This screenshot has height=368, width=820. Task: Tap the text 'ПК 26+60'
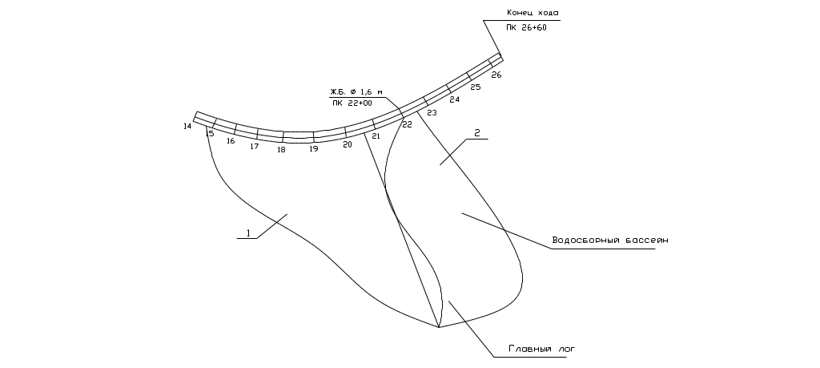click(526, 27)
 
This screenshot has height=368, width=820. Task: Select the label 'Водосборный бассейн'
click(609, 241)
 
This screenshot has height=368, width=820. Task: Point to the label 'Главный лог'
click(541, 350)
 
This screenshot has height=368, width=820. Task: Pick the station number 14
click(187, 126)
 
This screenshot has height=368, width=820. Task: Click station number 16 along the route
click(231, 142)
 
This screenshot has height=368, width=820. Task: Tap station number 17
click(255, 148)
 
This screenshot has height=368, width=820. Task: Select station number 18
click(281, 150)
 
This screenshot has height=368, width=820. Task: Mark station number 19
click(314, 149)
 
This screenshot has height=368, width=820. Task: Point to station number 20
click(348, 144)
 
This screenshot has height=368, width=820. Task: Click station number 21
click(376, 136)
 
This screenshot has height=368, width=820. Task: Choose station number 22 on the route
click(407, 125)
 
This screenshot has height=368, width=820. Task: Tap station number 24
click(455, 99)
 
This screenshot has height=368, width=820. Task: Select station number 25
click(475, 87)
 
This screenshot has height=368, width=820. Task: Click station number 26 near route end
click(496, 75)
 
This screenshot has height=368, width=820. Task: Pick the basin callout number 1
click(249, 233)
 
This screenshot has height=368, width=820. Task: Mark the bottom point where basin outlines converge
click(439, 327)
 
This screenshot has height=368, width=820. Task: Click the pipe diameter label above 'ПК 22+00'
click(351, 91)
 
